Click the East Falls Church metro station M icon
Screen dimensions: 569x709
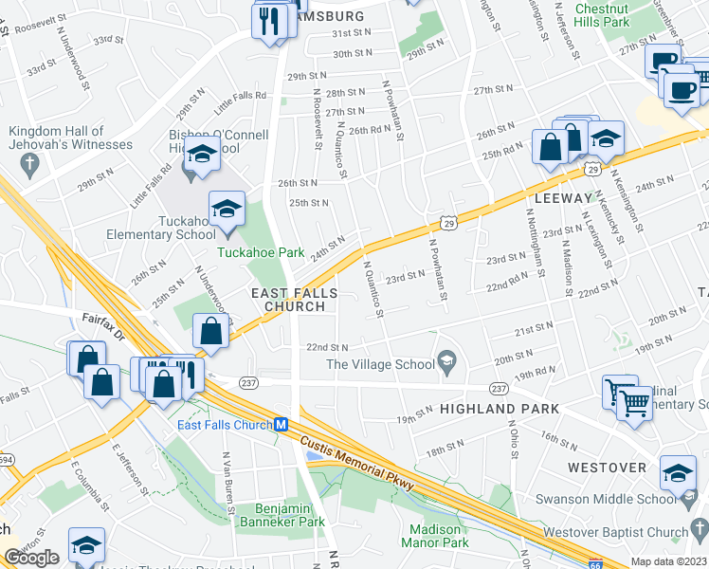point(282,425)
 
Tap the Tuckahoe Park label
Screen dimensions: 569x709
point(260,252)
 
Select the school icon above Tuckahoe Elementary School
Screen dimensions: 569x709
point(227,211)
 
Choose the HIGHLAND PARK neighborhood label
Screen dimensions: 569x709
point(499,408)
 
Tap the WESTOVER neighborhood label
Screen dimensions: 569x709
point(607,468)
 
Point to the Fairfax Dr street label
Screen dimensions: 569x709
point(103,322)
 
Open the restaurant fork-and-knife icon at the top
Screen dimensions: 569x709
point(269,20)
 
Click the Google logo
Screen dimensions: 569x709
point(31,559)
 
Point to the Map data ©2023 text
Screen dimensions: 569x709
point(668,561)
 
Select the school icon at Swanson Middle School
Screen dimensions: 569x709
point(678,474)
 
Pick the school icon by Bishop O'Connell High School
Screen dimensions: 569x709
point(202,156)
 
